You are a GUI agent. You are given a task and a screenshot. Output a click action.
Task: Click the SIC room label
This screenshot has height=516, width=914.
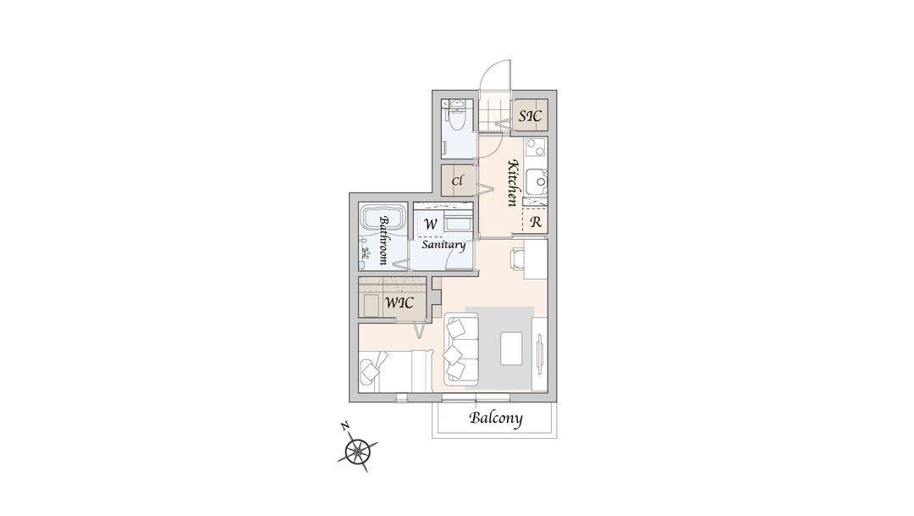click(x=531, y=115)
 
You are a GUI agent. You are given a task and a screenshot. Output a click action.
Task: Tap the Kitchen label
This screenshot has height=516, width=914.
click(x=512, y=183)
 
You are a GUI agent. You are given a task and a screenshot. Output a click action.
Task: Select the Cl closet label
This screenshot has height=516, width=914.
click(x=457, y=181)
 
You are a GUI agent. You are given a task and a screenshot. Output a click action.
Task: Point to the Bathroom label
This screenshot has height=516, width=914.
click(x=384, y=241)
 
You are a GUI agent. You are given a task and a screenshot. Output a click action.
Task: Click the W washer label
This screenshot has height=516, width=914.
click(x=431, y=225)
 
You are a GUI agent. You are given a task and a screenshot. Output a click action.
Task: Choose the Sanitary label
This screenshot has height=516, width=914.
click(x=443, y=245)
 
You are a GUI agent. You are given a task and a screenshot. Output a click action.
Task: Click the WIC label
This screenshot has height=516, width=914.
click(x=399, y=303)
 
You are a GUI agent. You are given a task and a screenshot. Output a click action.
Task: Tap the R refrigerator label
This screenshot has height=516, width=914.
click(x=536, y=222)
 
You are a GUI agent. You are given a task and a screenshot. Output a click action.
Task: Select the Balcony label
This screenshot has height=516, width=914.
click(x=495, y=418)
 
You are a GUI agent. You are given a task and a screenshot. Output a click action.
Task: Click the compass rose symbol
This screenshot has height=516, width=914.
click(x=356, y=451)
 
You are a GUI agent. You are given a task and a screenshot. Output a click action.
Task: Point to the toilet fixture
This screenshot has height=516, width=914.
click(x=457, y=120)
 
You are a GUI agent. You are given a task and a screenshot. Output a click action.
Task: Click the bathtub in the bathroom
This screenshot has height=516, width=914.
click(x=383, y=219)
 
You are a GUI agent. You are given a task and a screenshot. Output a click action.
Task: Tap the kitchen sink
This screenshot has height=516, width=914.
click(x=537, y=182)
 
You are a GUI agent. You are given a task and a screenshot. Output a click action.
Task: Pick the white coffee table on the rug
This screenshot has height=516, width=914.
click(x=512, y=348)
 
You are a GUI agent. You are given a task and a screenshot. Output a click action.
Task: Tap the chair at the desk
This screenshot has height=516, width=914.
click(x=518, y=258)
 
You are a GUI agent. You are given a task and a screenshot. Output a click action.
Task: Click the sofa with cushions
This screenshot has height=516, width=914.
click(x=462, y=349)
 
